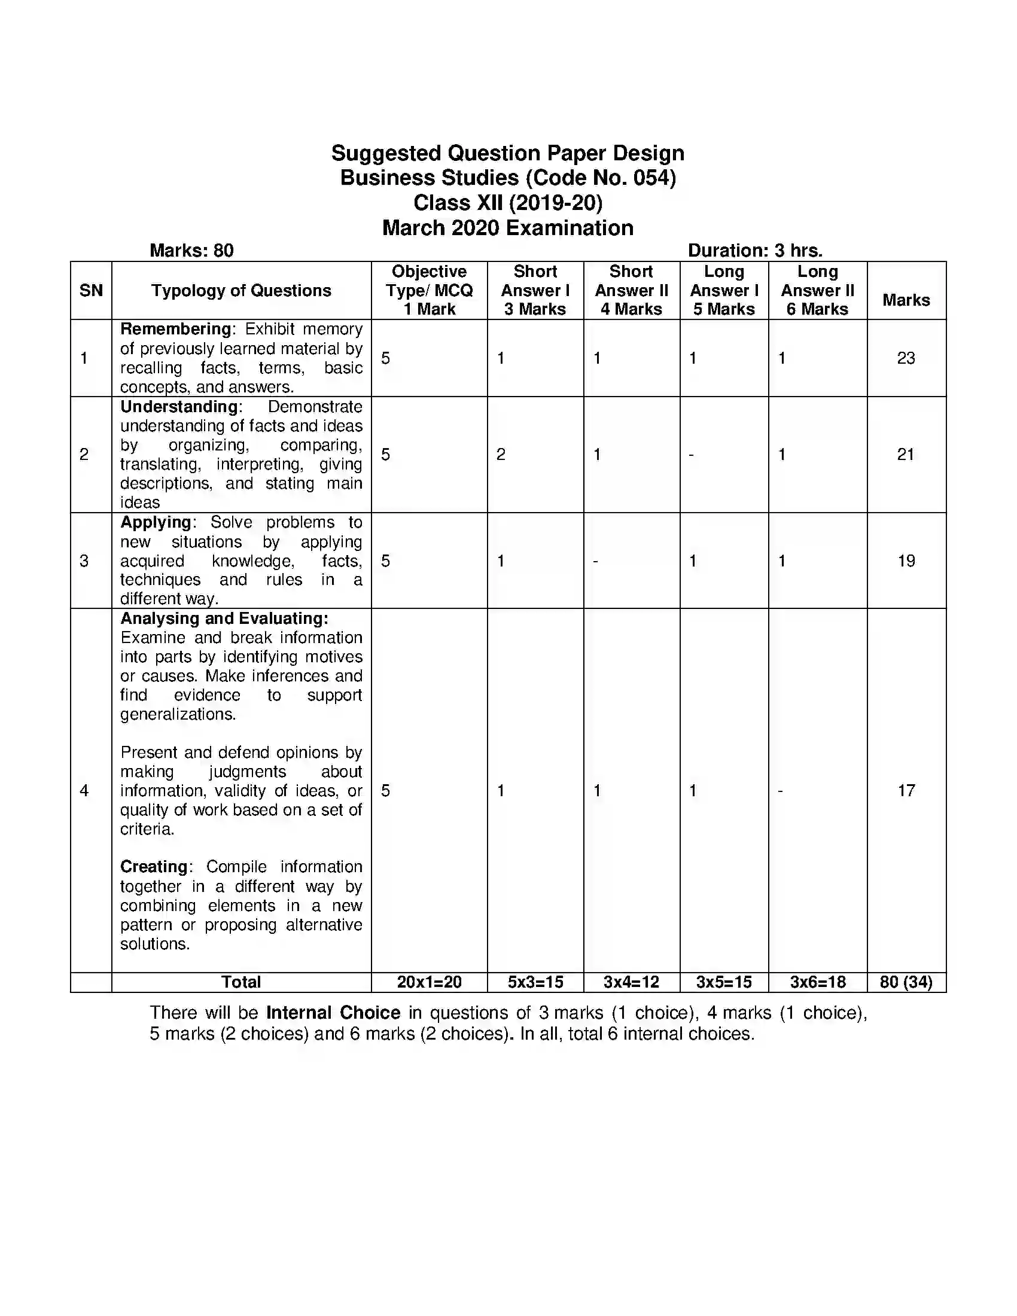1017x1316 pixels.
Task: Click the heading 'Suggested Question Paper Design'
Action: pos(507,153)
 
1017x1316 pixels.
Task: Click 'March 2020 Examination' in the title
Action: pos(507,228)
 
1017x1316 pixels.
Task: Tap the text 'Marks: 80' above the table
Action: pos(191,251)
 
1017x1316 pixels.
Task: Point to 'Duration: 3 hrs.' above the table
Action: pos(755,251)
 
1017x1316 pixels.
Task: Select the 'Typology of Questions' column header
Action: pos(241,291)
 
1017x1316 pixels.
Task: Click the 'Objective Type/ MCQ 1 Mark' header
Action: pos(429,291)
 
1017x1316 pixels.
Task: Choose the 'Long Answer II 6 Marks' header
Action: pos(817,291)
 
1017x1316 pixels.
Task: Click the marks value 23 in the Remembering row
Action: pos(906,358)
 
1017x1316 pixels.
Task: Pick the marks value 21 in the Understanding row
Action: pos(906,455)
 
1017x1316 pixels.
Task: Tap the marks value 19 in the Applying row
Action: pos(906,561)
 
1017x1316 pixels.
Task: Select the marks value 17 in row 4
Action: pos(906,791)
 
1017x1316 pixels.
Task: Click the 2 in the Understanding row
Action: pos(501,455)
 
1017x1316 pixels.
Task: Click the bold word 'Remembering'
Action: pos(175,329)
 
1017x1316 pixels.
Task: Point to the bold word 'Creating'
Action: pos(154,867)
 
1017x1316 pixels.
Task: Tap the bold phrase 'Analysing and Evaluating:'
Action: pos(224,619)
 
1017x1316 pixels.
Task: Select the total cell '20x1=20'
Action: pos(429,982)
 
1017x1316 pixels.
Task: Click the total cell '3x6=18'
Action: pos(818,982)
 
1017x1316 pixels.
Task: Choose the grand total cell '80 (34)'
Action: pos(906,982)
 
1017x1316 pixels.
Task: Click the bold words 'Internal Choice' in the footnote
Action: pos(333,1012)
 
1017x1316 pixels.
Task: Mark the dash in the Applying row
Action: pos(595,562)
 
